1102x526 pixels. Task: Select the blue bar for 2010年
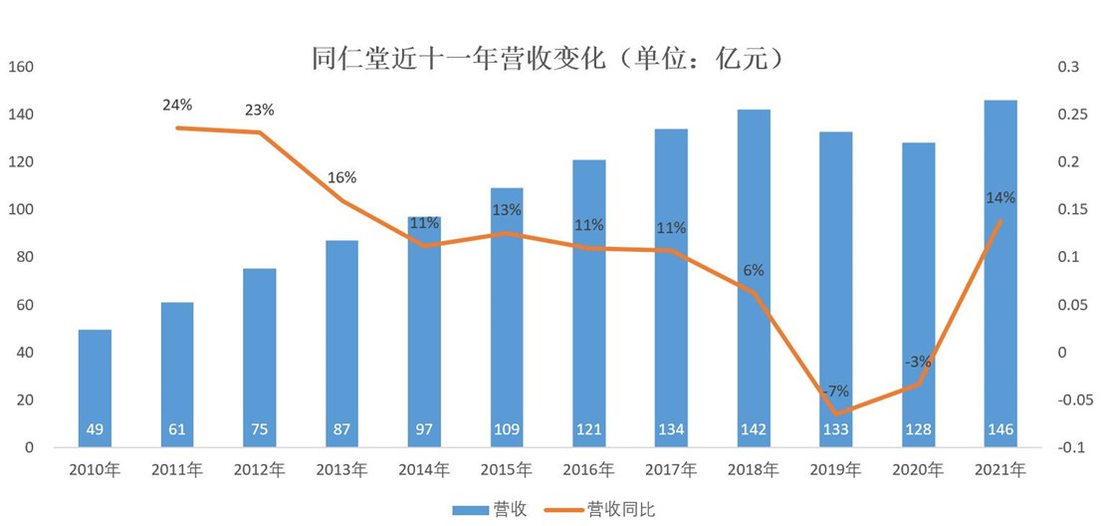[x=95, y=389]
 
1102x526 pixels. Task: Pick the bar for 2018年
[x=754, y=279]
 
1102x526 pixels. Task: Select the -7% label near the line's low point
[x=835, y=391]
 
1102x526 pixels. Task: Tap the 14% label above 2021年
[x=1000, y=198]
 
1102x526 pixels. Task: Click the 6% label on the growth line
[x=754, y=270]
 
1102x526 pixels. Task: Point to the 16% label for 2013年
[x=341, y=177]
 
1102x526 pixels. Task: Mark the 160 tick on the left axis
[x=21, y=67]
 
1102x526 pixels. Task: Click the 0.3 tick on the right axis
[x=1068, y=67]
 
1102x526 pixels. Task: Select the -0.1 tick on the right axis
[x=1071, y=447]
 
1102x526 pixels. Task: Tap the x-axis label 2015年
[x=506, y=468]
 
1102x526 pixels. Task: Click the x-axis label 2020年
[x=918, y=468]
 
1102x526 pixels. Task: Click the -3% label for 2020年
[x=918, y=361]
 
